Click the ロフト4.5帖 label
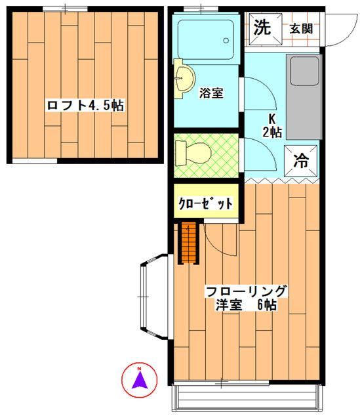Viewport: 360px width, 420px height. click(x=85, y=104)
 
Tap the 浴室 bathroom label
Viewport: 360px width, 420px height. click(x=211, y=93)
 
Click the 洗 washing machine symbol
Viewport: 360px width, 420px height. click(x=262, y=28)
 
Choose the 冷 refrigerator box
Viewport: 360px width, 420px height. click(x=300, y=159)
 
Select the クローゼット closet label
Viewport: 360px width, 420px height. click(x=205, y=204)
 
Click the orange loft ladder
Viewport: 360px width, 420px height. click(x=188, y=243)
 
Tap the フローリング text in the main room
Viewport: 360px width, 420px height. click(x=246, y=291)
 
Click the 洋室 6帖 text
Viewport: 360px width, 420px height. click(x=246, y=305)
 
